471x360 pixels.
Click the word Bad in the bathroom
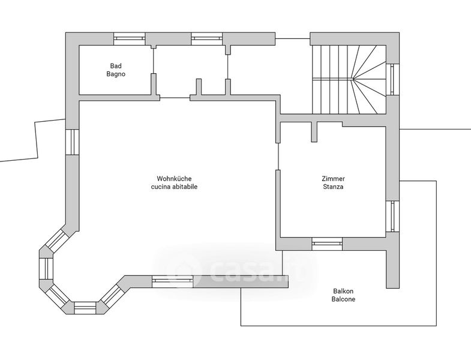point(116,66)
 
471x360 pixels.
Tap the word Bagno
point(116,74)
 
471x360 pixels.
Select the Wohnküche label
point(174,178)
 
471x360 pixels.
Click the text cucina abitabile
point(174,187)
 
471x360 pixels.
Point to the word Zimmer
point(334,178)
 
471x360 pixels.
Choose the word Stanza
point(334,187)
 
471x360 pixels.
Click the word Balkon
point(343,291)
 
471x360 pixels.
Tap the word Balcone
point(343,299)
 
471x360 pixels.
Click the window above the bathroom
point(130,39)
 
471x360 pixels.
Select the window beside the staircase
point(392,79)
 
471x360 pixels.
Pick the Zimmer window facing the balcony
point(327,244)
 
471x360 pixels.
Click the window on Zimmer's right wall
point(392,217)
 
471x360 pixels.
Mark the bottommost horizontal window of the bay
point(85,308)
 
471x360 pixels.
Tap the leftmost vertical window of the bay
point(46,268)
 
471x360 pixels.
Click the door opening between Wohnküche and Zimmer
point(278,156)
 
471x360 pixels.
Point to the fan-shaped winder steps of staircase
point(369,79)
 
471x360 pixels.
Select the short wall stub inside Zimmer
point(314,131)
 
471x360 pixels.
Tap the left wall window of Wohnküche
point(72,142)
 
